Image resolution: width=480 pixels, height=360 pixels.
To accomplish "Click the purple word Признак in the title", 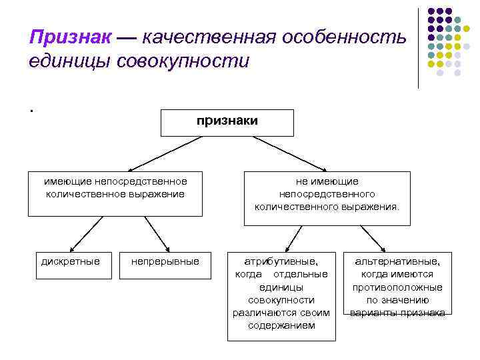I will (69, 37).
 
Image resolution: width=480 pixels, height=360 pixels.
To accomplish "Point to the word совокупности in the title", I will (183, 61).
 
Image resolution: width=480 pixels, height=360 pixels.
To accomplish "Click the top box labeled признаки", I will (227, 122).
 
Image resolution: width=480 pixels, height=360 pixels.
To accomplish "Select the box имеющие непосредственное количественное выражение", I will (115, 193).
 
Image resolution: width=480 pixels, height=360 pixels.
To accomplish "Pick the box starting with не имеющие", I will (327, 194).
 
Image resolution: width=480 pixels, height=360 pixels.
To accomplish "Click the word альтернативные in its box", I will (397, 261).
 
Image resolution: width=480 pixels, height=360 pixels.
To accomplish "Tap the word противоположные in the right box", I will (397, 287).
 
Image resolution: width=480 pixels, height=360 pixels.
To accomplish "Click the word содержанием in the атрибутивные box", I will (281, 325).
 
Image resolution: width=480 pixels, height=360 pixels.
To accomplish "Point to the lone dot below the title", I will (31, 111).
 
